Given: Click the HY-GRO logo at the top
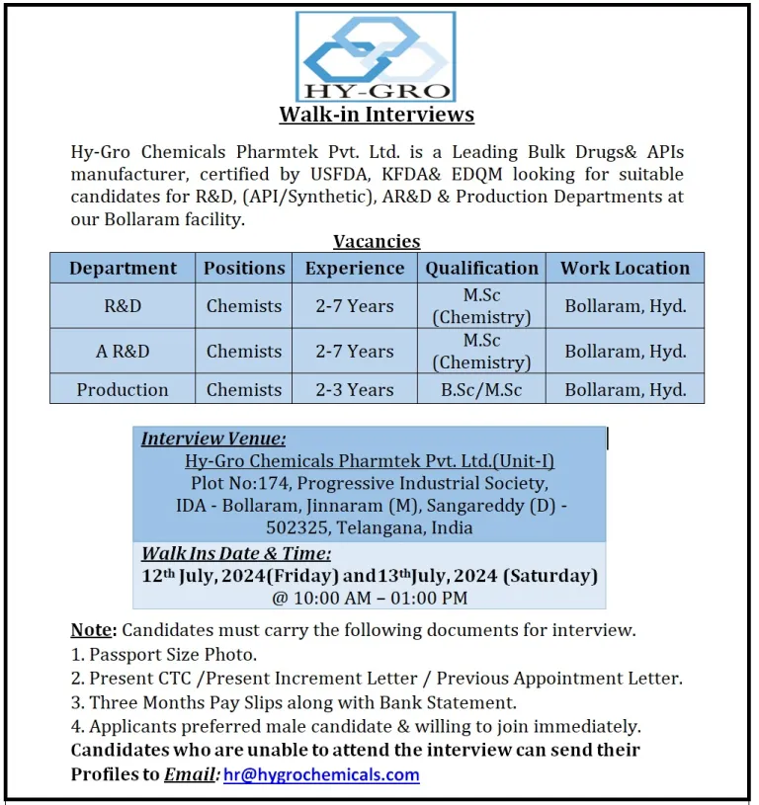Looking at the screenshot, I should click(x=376, y=56).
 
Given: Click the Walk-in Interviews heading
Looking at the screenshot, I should click(x=377, y=115).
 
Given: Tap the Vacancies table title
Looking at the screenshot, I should click(x=377, y=241).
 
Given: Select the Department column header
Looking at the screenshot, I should click(x=123, y=268).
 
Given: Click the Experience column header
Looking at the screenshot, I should click(x=355, y=268).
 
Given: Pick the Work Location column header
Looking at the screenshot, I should click(x=625, y=268).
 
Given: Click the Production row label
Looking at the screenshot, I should click(x=123, y=389).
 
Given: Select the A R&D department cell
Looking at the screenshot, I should click(x=123, y=351).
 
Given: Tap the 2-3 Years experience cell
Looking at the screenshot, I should click(x=355, y=389).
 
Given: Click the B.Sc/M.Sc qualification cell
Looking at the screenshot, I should click(x=482, y=389).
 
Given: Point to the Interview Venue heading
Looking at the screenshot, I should click(x=213, y=440).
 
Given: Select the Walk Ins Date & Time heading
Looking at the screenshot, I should click(x=236, y=553).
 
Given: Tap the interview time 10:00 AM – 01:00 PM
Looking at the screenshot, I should click(x=370, y=597).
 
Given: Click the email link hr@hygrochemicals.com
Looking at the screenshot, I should click(x=321, y=774).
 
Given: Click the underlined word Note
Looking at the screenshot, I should click(x=91, y=629).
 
